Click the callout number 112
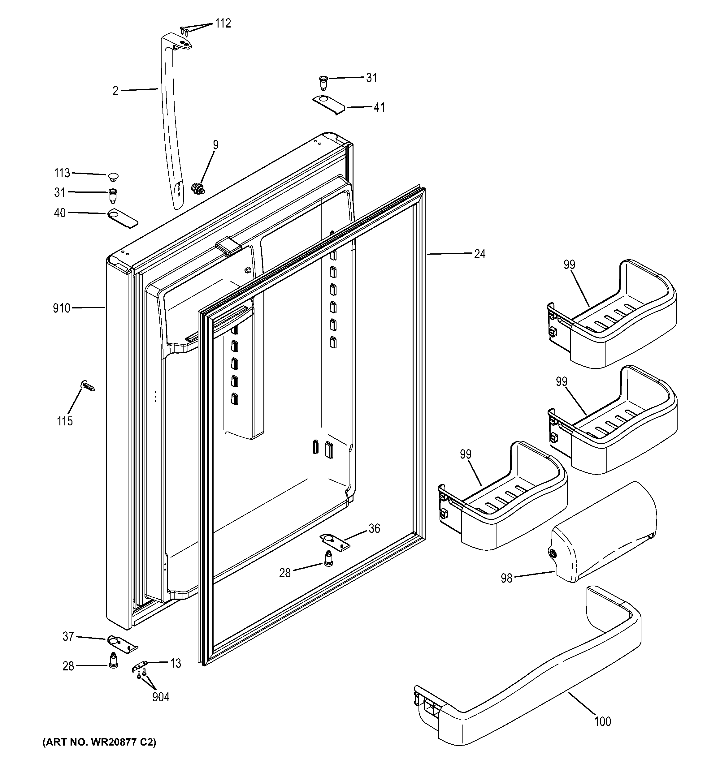(223, 24)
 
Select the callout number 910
(62, 308)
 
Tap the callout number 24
(479, 254)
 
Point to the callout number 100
(602, 721)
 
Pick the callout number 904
(160, 697)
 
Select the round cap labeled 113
(113, 177)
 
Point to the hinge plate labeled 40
(122, 218)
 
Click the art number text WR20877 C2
(99, 742)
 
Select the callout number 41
(379, 107)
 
